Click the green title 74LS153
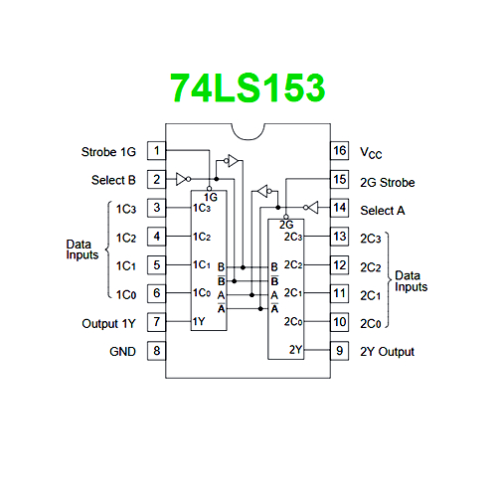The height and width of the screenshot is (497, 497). click(x=248, y=87)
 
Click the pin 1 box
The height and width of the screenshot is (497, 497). click(x=157, y=151)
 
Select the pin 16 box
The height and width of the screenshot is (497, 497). click(x=340, y=151)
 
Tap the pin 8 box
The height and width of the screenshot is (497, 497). click(x=157, y=351)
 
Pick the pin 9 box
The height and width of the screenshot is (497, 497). click(x=340, y=351)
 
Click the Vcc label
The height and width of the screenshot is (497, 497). click(x=371, y=153)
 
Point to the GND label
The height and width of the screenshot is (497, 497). click(x=122, y=352)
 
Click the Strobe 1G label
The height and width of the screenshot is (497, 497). click(x=108, y=152)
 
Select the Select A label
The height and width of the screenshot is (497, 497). click(x=383, y=211)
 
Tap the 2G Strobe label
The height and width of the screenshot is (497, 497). click(x=388, y=183)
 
